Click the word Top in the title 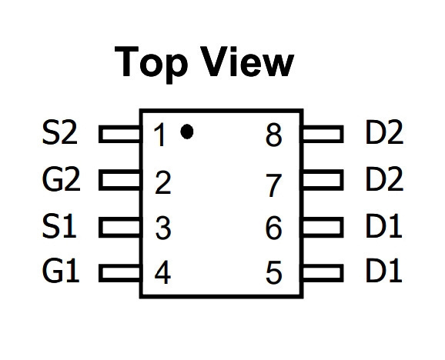(151, 64)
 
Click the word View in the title (247, 62)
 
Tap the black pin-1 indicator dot (187, 132)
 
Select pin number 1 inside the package (160, 135)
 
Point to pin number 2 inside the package (162, 182)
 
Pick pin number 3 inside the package (163, 228)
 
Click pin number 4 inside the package (162, 273)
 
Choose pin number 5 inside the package (274, 273)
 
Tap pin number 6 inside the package (274, 228)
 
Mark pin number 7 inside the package (274, 185)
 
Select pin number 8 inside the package (274, 135)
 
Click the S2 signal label (59, 132)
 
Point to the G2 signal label (61, 179)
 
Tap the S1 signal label (59, 226)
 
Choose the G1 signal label (61, 271)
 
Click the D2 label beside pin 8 (384, 132)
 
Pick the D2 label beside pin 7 (384, 179)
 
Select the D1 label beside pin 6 (383, 226)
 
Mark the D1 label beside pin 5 (383, 271)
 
